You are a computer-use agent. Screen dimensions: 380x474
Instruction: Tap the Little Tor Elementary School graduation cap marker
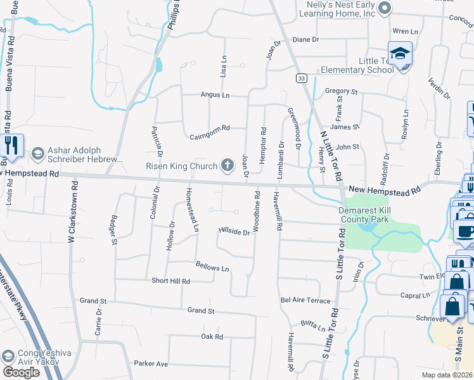pyautogui.click(x=400, y=54)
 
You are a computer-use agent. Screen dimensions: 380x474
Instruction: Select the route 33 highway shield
pyautogui.click(x=300, y=78)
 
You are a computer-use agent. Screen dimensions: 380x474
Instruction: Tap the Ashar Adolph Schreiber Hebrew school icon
pyautogui.click(x=37, y=153)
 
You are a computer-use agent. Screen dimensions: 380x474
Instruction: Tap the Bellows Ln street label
pyautogui.click(x=212, y=268)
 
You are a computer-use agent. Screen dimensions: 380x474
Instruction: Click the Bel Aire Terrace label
pyautogui.click(x=305, y=300)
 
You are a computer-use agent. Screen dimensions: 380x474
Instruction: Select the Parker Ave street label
pyautogui.click(x=150, y=364)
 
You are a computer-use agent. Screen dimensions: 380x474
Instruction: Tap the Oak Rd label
pyautogui.click(x=212, y=337)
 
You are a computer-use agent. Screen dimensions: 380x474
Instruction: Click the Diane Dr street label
pyautogui.click(x=305, y=39)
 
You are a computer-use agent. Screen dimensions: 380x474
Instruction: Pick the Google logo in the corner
pyautogui.click(x=22, y=372)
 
